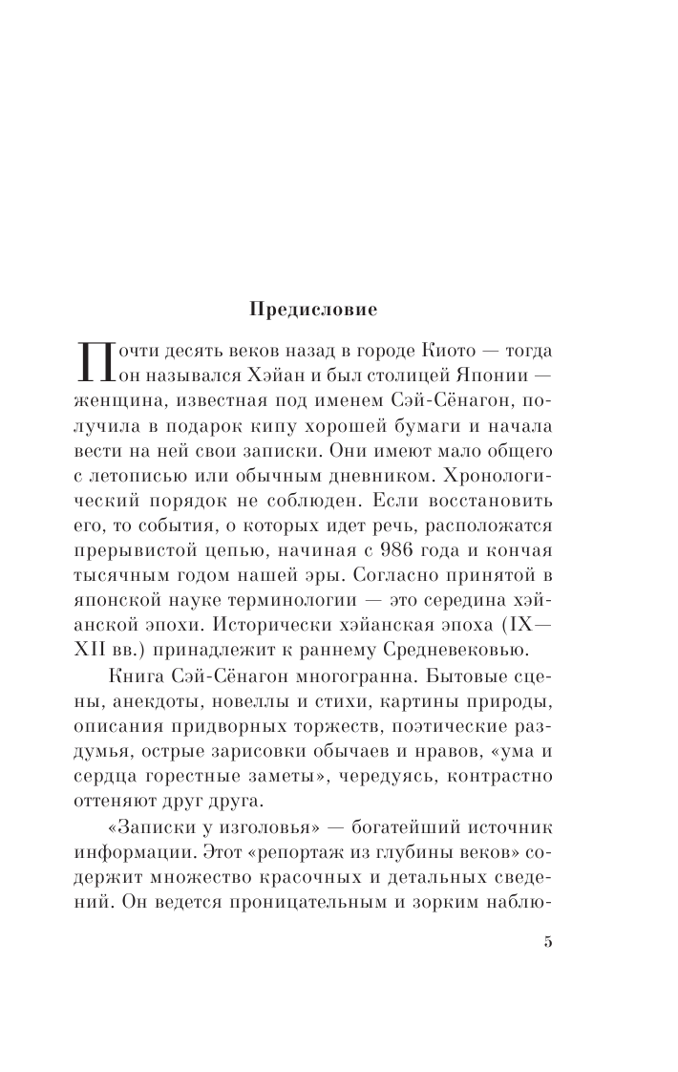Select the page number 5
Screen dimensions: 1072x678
[547, 941]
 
